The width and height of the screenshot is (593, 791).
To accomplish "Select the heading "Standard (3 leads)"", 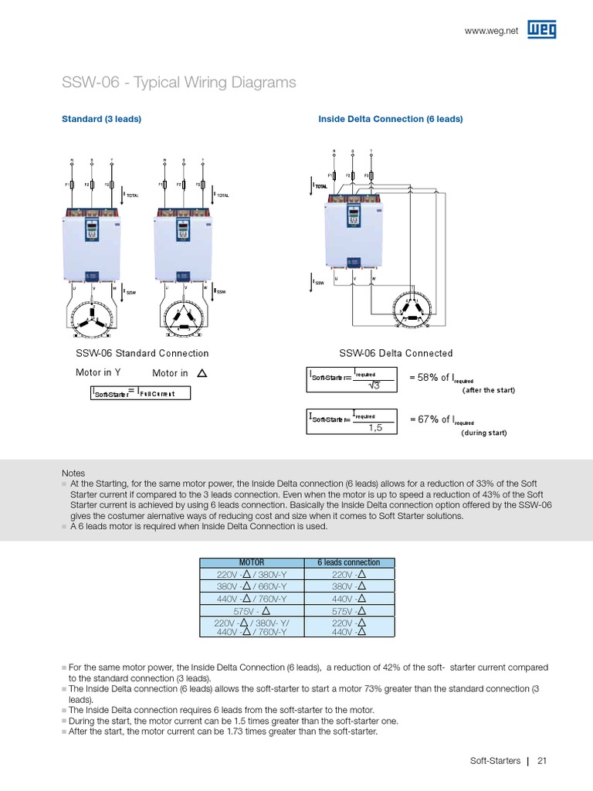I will (x=101, y=119).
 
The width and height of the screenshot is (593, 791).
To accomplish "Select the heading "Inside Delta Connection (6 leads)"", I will (x=391, y=119).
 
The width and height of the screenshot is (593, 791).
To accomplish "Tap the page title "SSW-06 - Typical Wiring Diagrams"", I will (x=178, y=83).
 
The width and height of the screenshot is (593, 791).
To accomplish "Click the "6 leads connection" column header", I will (x=349, y=562).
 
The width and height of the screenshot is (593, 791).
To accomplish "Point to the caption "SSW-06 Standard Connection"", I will (x=142, y=353).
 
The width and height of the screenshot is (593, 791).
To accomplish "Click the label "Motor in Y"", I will (x=98, y=372).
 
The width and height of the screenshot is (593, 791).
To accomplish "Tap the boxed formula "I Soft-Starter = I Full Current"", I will (x=140, y=393).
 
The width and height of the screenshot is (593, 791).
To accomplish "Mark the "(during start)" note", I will (x=484, y=433).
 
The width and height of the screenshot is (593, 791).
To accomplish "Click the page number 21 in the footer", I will (x=542, y=761).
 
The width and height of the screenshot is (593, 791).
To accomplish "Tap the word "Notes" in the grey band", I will (x=73, y=474).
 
